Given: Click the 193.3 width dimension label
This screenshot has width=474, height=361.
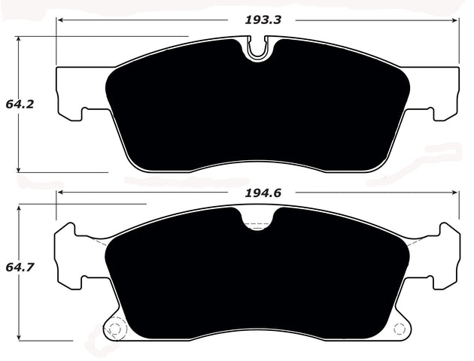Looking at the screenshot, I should tap(262, 20).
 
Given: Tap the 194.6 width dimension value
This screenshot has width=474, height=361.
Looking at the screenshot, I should tap(262, 193).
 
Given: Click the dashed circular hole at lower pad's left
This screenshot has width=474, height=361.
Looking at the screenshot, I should tap(114, 328).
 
